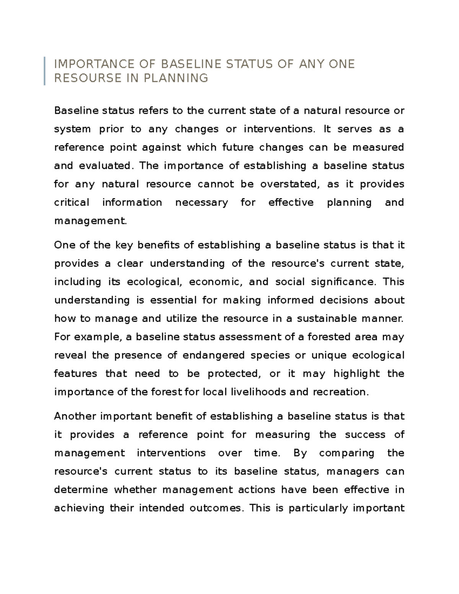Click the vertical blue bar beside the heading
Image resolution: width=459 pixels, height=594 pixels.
(x=45, y=71)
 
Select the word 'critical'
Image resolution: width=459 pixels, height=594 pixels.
(x=72, y=203)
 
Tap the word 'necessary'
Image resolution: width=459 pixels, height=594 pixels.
(x=201, y=203)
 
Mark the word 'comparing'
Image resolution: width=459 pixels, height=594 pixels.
(x=347, y=453)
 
